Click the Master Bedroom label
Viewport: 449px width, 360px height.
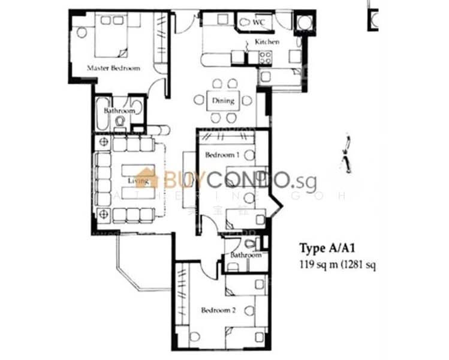113,68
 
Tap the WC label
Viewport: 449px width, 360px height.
258,23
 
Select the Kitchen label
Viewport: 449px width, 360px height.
267,42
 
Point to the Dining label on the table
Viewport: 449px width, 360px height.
222,101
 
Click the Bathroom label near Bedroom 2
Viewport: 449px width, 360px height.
246,256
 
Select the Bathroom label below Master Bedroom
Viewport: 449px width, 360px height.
119,111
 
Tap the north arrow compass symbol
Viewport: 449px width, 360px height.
346,154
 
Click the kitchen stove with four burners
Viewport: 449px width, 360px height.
264,58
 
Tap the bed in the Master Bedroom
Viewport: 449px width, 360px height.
111,35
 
